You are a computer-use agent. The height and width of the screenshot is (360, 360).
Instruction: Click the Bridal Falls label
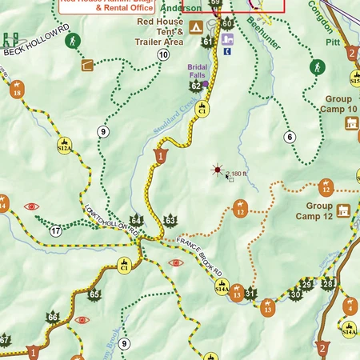[x=198, y=71]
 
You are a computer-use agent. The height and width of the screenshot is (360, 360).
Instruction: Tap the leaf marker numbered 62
[x=195, y=84]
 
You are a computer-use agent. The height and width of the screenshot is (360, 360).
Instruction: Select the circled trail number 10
[x=163, y=54]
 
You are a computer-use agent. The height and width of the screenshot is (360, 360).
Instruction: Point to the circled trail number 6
[x=290, y=137]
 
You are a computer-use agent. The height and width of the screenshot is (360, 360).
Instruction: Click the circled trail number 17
[x=55, y=231]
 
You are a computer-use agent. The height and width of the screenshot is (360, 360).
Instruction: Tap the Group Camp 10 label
[x=333, y=103]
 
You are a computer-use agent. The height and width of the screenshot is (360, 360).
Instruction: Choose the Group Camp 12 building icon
[x=345, y=210]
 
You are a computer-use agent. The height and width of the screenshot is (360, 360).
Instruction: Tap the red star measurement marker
[x=216, y=170]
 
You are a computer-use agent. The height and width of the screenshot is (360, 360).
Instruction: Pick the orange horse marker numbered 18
[x=17, y=91]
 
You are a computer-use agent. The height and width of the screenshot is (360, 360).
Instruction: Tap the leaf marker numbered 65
[x=94, y=294]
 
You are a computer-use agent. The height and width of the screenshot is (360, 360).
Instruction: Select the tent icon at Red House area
[x=195, y=27]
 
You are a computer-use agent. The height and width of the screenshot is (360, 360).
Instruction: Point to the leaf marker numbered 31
[x=250, y=292]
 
